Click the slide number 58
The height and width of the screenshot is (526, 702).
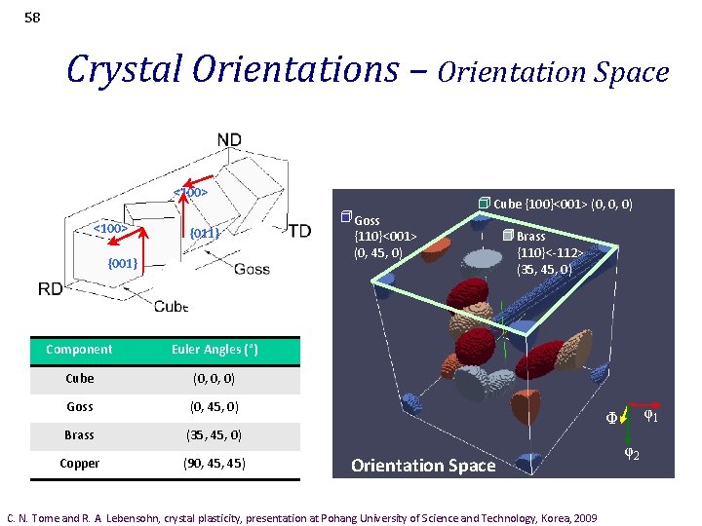[x=32, y=17]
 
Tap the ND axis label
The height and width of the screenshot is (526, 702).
[x=229, y=140]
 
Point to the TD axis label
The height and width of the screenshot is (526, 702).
[x=299, y=231]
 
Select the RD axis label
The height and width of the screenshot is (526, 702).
[x=51, y=288]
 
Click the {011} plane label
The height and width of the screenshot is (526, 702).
[x=205, y=233]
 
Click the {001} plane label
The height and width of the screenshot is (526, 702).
[x=123, y=264]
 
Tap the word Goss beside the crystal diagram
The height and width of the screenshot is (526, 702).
[x=253, y=269]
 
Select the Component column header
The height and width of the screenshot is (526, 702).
[x=79, y=350]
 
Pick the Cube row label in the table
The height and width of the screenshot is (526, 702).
[x=79, y=378]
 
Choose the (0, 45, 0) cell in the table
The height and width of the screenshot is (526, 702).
[x=214, y=406]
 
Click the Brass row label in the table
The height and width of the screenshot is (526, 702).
[x=79, y=434]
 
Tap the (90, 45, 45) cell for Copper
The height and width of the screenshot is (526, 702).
[x=214, y=464]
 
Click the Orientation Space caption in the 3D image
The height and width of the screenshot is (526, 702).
[x=423, y=466]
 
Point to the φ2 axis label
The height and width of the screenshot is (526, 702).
[x=631, y=454]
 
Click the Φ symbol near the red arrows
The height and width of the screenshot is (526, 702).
[x=611, y=419]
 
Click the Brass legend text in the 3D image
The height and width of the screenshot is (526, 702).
[x=530, y=236]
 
